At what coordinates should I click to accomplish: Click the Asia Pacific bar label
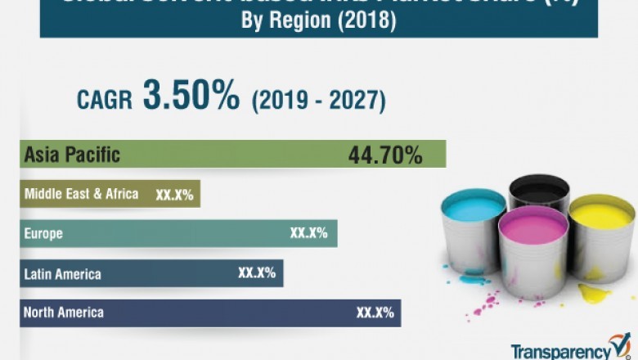72,154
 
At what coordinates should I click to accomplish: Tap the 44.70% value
384,154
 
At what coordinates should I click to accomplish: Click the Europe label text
43,234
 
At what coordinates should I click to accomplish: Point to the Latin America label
62,273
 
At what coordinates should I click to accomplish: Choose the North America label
64,313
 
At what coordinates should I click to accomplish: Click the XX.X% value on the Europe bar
308,233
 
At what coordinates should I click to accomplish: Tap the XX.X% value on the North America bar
375,313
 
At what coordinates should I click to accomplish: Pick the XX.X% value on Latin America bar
256,273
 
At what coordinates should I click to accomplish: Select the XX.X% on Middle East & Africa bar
174,195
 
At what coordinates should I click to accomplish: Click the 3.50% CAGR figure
191,97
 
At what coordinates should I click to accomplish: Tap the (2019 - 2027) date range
318,101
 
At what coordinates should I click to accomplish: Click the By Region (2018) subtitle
319,22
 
